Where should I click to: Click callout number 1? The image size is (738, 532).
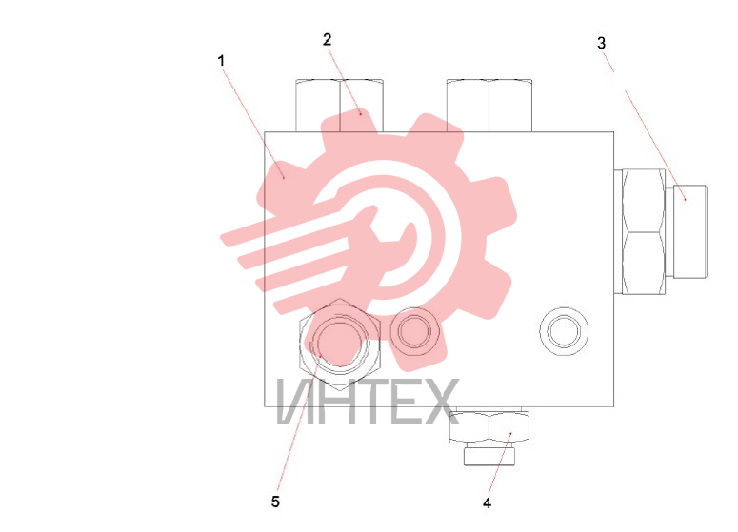(x=221, y=61)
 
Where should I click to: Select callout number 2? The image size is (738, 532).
(x=328, y=40)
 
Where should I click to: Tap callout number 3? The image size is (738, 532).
(x=602, y=43)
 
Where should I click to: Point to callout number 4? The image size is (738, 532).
(x=488, y=503)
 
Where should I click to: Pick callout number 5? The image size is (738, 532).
(x=275, y=502)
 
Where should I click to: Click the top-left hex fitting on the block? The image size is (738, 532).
(x=339, y=106)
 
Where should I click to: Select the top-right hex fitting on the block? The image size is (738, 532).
(x=489, y=106)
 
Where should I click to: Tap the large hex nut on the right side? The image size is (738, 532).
(x=644, y=232)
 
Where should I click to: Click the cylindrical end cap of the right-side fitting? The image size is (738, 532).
(x=690, y=231)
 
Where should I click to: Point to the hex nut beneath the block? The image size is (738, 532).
(x=489, y=427)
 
